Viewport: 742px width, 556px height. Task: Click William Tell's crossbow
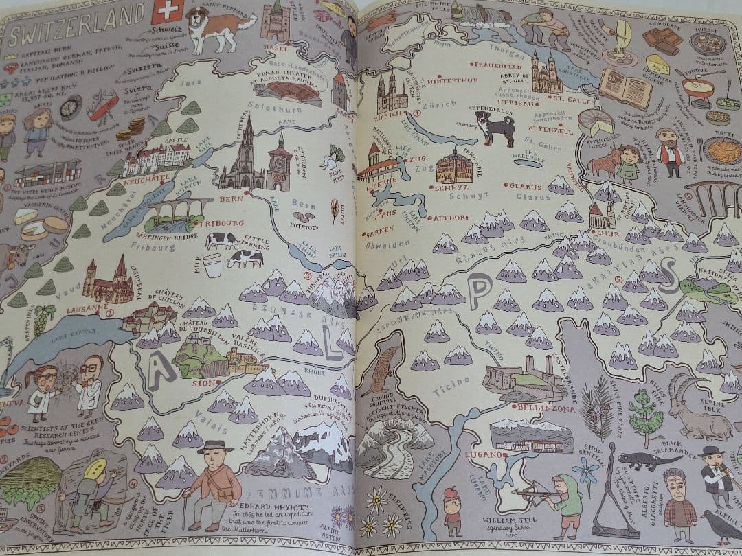pos(536,492)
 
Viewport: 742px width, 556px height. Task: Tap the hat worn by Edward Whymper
pos(214,447)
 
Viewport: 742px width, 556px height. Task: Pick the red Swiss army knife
pos(104,108)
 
